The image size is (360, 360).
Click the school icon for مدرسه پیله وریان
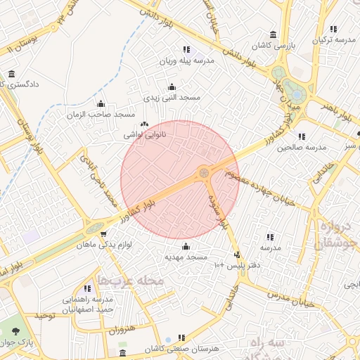[186, 50]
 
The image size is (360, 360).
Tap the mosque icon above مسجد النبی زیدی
[171, 87]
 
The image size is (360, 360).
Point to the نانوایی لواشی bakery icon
[144, 124]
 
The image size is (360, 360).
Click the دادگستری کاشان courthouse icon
[11, 74]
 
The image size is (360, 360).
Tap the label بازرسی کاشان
[295, 44]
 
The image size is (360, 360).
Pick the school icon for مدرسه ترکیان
[333, 29]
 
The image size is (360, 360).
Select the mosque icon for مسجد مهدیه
[186, 246]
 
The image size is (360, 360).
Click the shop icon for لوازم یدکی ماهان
[103, 235]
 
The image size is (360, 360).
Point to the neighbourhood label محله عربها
[130, 281]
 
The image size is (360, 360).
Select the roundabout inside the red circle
[204, 172]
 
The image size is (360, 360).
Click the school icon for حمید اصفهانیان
[87, 288]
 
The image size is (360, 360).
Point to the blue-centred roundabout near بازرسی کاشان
[296, 94]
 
